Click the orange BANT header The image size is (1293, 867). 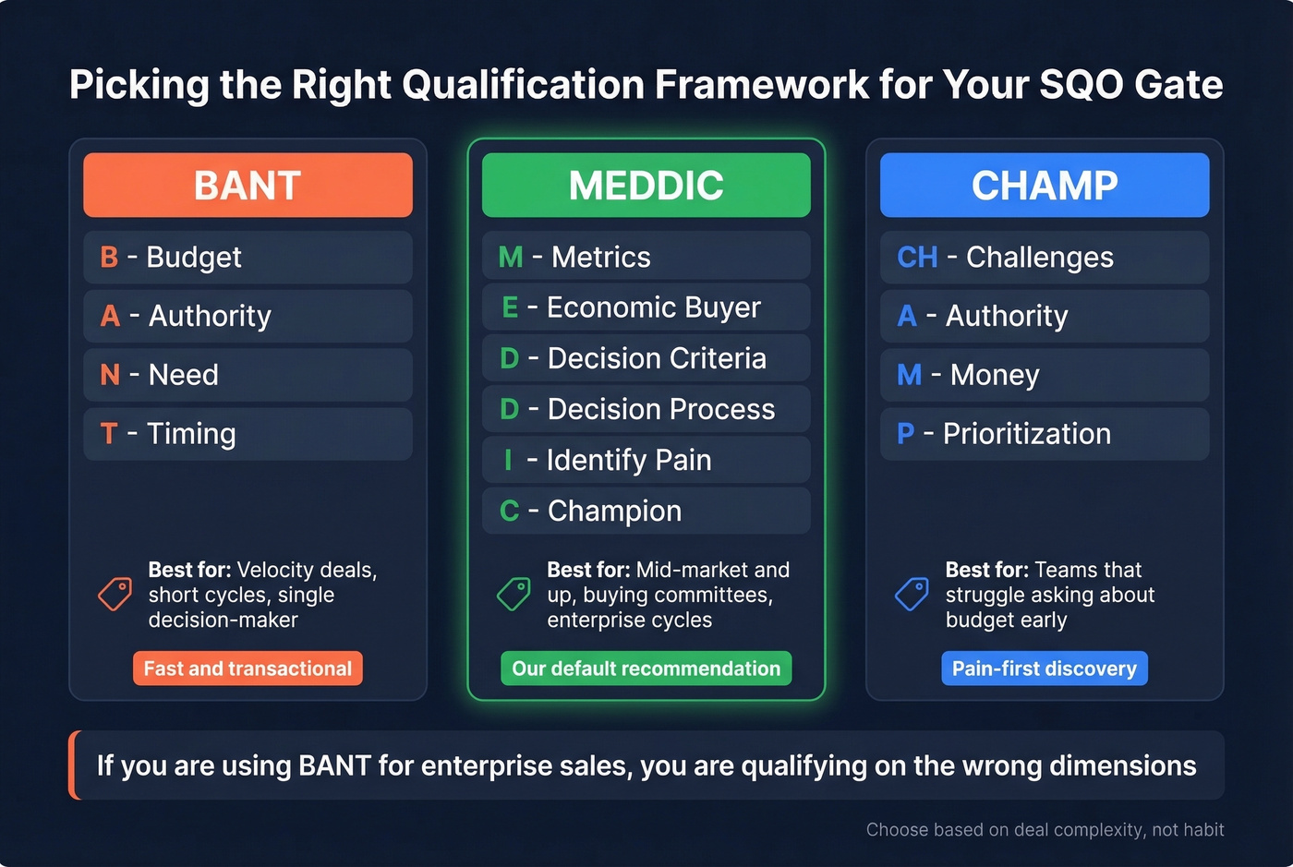tap(248, 186)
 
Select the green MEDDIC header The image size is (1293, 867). tap(646, 186)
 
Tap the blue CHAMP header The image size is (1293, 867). tap(1045, 186)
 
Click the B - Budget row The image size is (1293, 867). tap(248, 257)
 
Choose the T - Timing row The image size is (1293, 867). tap(248, 434)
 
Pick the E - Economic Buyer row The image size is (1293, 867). tap(646, 307)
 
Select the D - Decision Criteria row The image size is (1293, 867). tap(646, 358)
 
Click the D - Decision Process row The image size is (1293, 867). tap(646, 409)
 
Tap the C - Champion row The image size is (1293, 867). tap(646, 511)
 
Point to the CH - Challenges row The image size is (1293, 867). tap(1045, 257)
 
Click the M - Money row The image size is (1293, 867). tap(1045, 375)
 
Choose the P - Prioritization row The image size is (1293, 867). tap(1045, 434)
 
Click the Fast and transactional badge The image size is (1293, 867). tap(248, 668)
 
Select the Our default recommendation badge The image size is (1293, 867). tap(646, 668)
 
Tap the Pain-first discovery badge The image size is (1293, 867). tap(1045, 668)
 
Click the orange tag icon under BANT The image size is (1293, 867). tap(115, 594)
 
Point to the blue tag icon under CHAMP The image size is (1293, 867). tap(912, 594)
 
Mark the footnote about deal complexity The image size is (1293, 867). tap(1045, 830)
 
